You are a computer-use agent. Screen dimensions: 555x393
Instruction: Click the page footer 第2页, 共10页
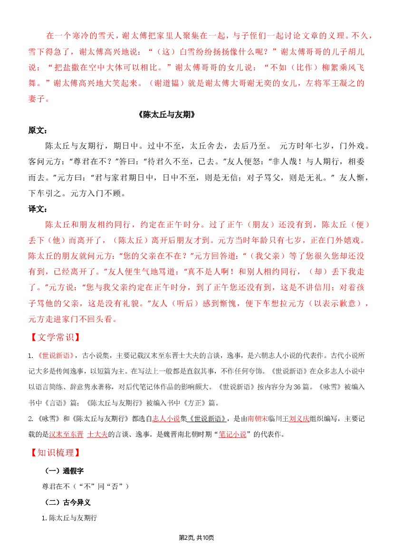click(x=196, y=537)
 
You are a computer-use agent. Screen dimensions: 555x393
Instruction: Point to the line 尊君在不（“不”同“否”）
click(x=86, y=486)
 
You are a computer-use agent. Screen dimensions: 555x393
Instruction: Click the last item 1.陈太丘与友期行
click(x=70, y=518)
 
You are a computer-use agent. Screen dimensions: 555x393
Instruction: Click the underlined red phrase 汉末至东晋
click(x=66, y=434)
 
